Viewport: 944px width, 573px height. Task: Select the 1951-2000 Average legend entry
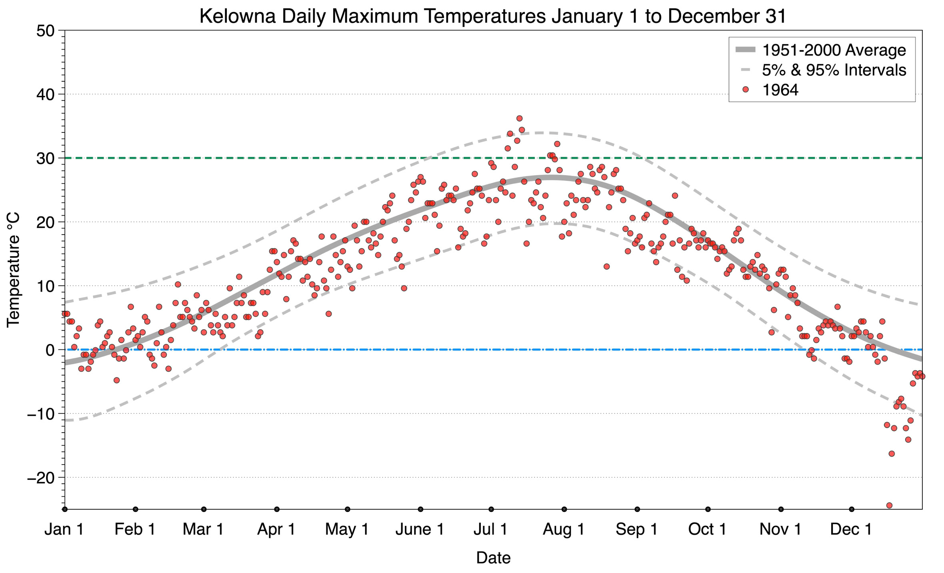click(x=834, y=50)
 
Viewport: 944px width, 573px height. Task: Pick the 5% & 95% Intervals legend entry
click(x=834, y=70)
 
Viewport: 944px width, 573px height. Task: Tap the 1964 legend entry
click(x=780, y=90)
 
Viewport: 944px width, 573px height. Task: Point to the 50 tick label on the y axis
click(x=45, y=31)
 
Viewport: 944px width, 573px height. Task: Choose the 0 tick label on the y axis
click(x=50, y=350)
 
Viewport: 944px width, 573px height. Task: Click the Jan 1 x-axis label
click(x=64, y=529)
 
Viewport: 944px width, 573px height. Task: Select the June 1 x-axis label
click(x=420, y=529)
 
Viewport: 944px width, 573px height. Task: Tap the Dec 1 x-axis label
click(x=851, y=529)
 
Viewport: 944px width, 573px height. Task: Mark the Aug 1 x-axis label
click(x=563, y=529)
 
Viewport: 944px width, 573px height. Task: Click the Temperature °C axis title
click(x=14, y=270)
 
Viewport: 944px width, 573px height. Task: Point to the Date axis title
click(x=493, y=558)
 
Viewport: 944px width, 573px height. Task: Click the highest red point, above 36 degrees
click(x=519, y=118)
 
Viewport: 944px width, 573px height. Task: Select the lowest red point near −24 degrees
click(x=889, y=505)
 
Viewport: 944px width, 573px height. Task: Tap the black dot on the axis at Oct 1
click(x=708, y=509)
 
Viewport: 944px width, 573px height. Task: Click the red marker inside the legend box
click(x=745, y=90)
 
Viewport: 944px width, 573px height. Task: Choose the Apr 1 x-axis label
click(x=276, y=529)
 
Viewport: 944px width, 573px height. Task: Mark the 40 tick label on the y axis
click(x=45, y=94)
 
